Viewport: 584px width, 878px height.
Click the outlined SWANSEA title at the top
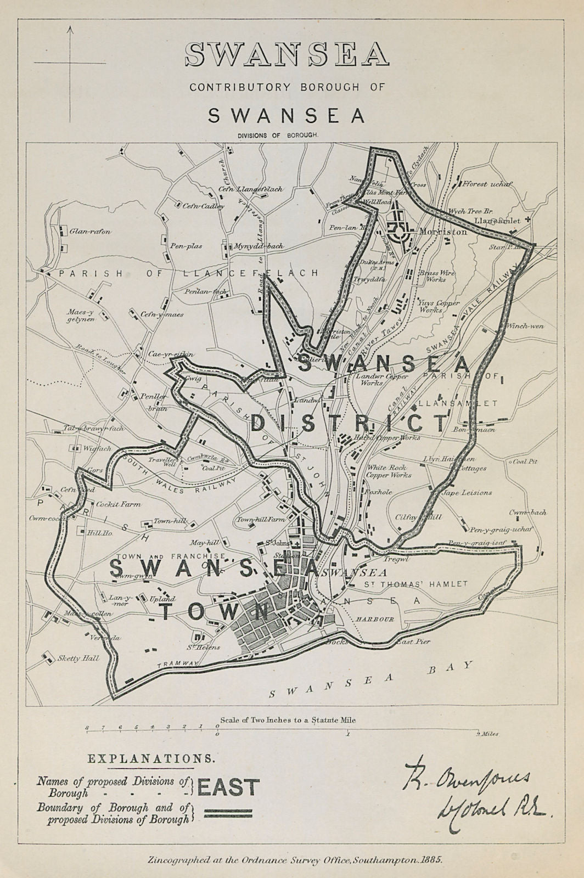pyautogui.click(x=287, y=55)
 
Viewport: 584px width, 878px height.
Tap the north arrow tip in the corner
pyautogui.click(x=70, y=29)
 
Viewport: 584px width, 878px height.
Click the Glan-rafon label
pyautogui.click(x=89, y=232)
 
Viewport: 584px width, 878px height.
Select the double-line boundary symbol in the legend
pyautogui.click(x=227, y=813)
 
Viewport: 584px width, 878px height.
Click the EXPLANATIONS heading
pyautogui.click(x=151, y=759)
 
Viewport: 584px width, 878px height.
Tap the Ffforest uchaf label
pyautogui.click(x=487, y=184)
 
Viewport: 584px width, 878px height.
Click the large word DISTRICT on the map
pyautogui.click(x=349, y=424)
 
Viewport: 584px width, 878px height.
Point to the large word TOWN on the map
pyautogui.click(x=214, y=610)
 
